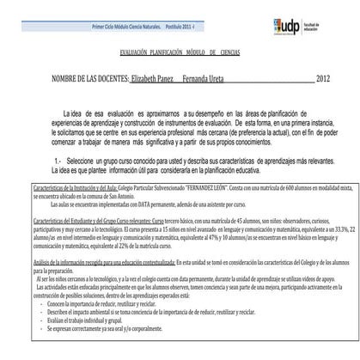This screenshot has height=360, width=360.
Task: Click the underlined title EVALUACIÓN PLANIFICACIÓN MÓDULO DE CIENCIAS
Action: [180, 52]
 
